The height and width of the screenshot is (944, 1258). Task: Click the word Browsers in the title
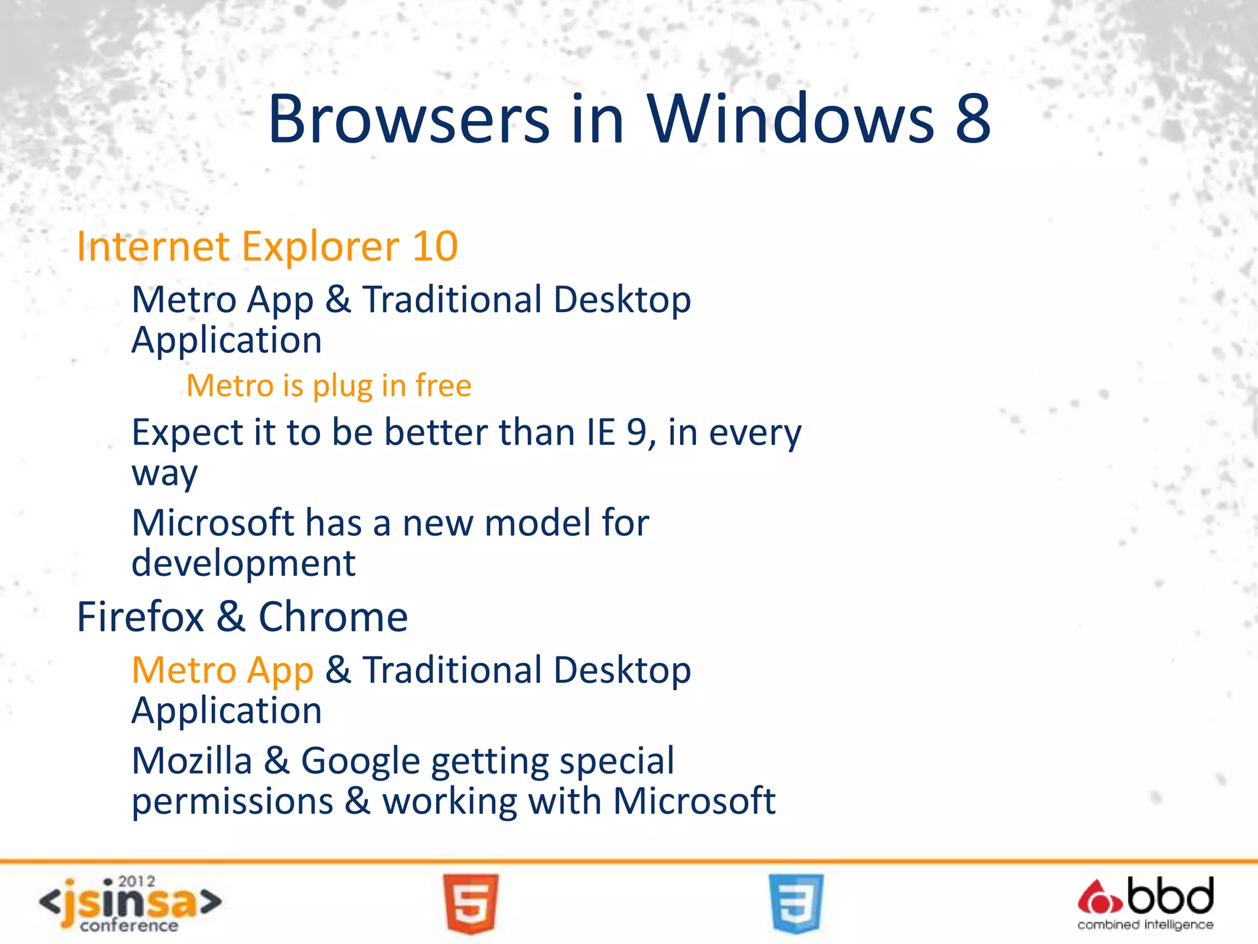408,119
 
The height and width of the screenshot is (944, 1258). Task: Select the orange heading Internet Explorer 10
267,246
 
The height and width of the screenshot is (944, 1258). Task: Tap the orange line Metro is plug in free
329,386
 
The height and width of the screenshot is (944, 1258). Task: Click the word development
244,564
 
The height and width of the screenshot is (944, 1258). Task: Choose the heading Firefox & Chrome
242,616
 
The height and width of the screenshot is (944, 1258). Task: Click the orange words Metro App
222,670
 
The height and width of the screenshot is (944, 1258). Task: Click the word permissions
233,801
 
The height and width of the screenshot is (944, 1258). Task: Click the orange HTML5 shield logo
471,903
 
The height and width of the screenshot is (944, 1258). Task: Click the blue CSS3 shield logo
795,903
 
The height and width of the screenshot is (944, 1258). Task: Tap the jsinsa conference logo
130,903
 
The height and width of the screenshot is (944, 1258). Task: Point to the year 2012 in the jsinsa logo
136,881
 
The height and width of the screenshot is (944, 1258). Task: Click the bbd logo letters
1170,897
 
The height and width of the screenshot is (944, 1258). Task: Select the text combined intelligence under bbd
1145,925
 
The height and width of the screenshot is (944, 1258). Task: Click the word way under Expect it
165,474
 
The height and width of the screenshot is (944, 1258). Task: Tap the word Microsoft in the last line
694,801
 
